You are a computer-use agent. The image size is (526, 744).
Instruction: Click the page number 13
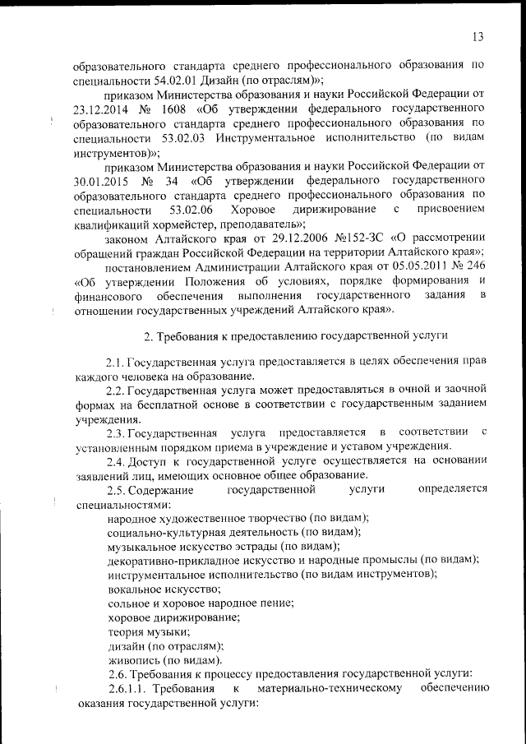[478, 36]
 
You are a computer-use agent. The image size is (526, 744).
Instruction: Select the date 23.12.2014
[99, 109]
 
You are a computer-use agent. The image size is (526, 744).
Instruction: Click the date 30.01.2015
[99, 182]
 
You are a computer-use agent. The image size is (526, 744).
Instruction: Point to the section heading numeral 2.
[148, 335]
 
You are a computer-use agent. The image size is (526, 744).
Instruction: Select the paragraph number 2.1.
[115, 362]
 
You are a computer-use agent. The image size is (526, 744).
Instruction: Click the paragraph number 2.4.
[115, 461]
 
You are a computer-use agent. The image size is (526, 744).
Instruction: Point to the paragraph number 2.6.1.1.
[126, 689]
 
